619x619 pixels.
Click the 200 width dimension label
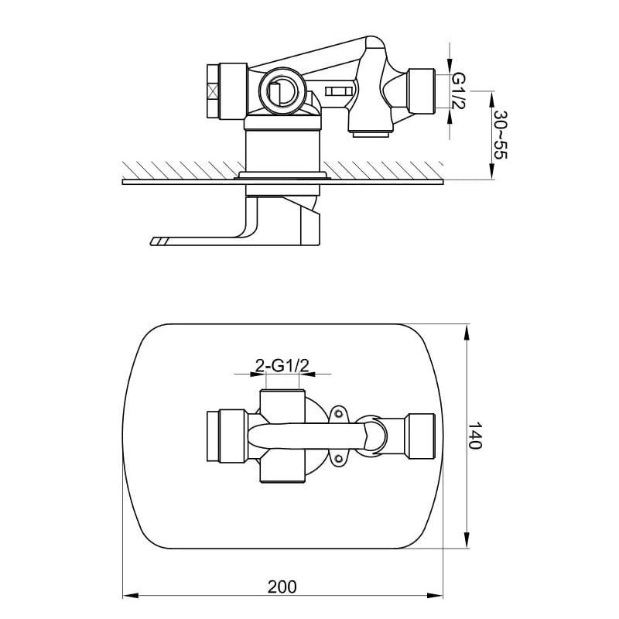[x=282, y=587]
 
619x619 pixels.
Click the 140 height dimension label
[x=475, y=436]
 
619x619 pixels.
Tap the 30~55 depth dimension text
[x=500, y=135]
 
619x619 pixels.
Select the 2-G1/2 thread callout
[x=282, y=366]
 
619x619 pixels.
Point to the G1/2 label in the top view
[x=458, y=91]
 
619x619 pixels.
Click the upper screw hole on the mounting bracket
[x=338, y=413]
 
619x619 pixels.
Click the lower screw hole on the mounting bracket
[x=338, y=458]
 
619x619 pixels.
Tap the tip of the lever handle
[x=152, y=241]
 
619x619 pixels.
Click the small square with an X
[x=213, y=91]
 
